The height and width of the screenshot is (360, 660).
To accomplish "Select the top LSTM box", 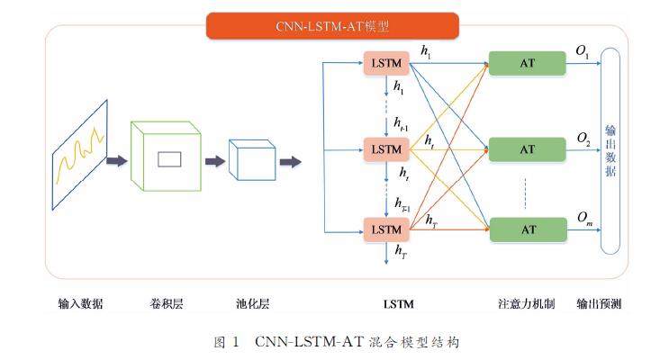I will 386,65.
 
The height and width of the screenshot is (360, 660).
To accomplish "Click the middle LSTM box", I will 386,148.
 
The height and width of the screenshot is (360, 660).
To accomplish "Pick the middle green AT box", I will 529,148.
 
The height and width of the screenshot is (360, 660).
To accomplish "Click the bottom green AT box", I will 529,230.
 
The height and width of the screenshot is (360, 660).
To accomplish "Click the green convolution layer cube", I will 166,157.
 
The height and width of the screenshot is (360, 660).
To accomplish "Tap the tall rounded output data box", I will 611,149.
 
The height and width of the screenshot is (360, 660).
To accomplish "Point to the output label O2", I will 583,139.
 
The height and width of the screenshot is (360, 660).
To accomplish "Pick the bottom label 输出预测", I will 599,304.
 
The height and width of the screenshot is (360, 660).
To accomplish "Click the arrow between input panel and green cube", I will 116,161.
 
